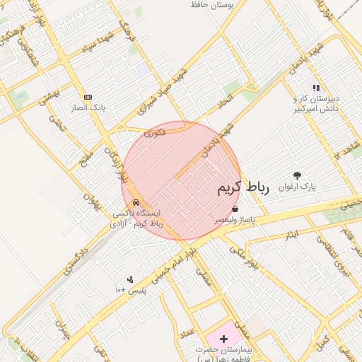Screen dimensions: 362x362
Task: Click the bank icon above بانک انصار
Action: click(88, 97)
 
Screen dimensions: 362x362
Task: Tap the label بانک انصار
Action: click(88, 108)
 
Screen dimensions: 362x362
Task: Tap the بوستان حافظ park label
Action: click(211, 5)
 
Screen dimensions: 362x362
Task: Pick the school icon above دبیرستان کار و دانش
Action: click(316, 88)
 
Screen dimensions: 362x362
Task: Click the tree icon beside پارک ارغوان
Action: click(297, 176)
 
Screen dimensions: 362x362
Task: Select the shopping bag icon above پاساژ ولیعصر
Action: click(235, 209)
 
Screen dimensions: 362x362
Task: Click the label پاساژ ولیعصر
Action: click(235, 221)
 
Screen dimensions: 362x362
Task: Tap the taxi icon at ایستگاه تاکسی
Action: click(135, 202)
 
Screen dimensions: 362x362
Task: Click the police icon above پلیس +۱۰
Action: click(129, 280)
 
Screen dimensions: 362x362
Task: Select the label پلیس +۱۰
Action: click(130, 291)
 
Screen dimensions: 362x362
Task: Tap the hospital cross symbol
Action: click(224, 339)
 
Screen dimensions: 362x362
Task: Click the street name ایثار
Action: click(291, 233)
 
